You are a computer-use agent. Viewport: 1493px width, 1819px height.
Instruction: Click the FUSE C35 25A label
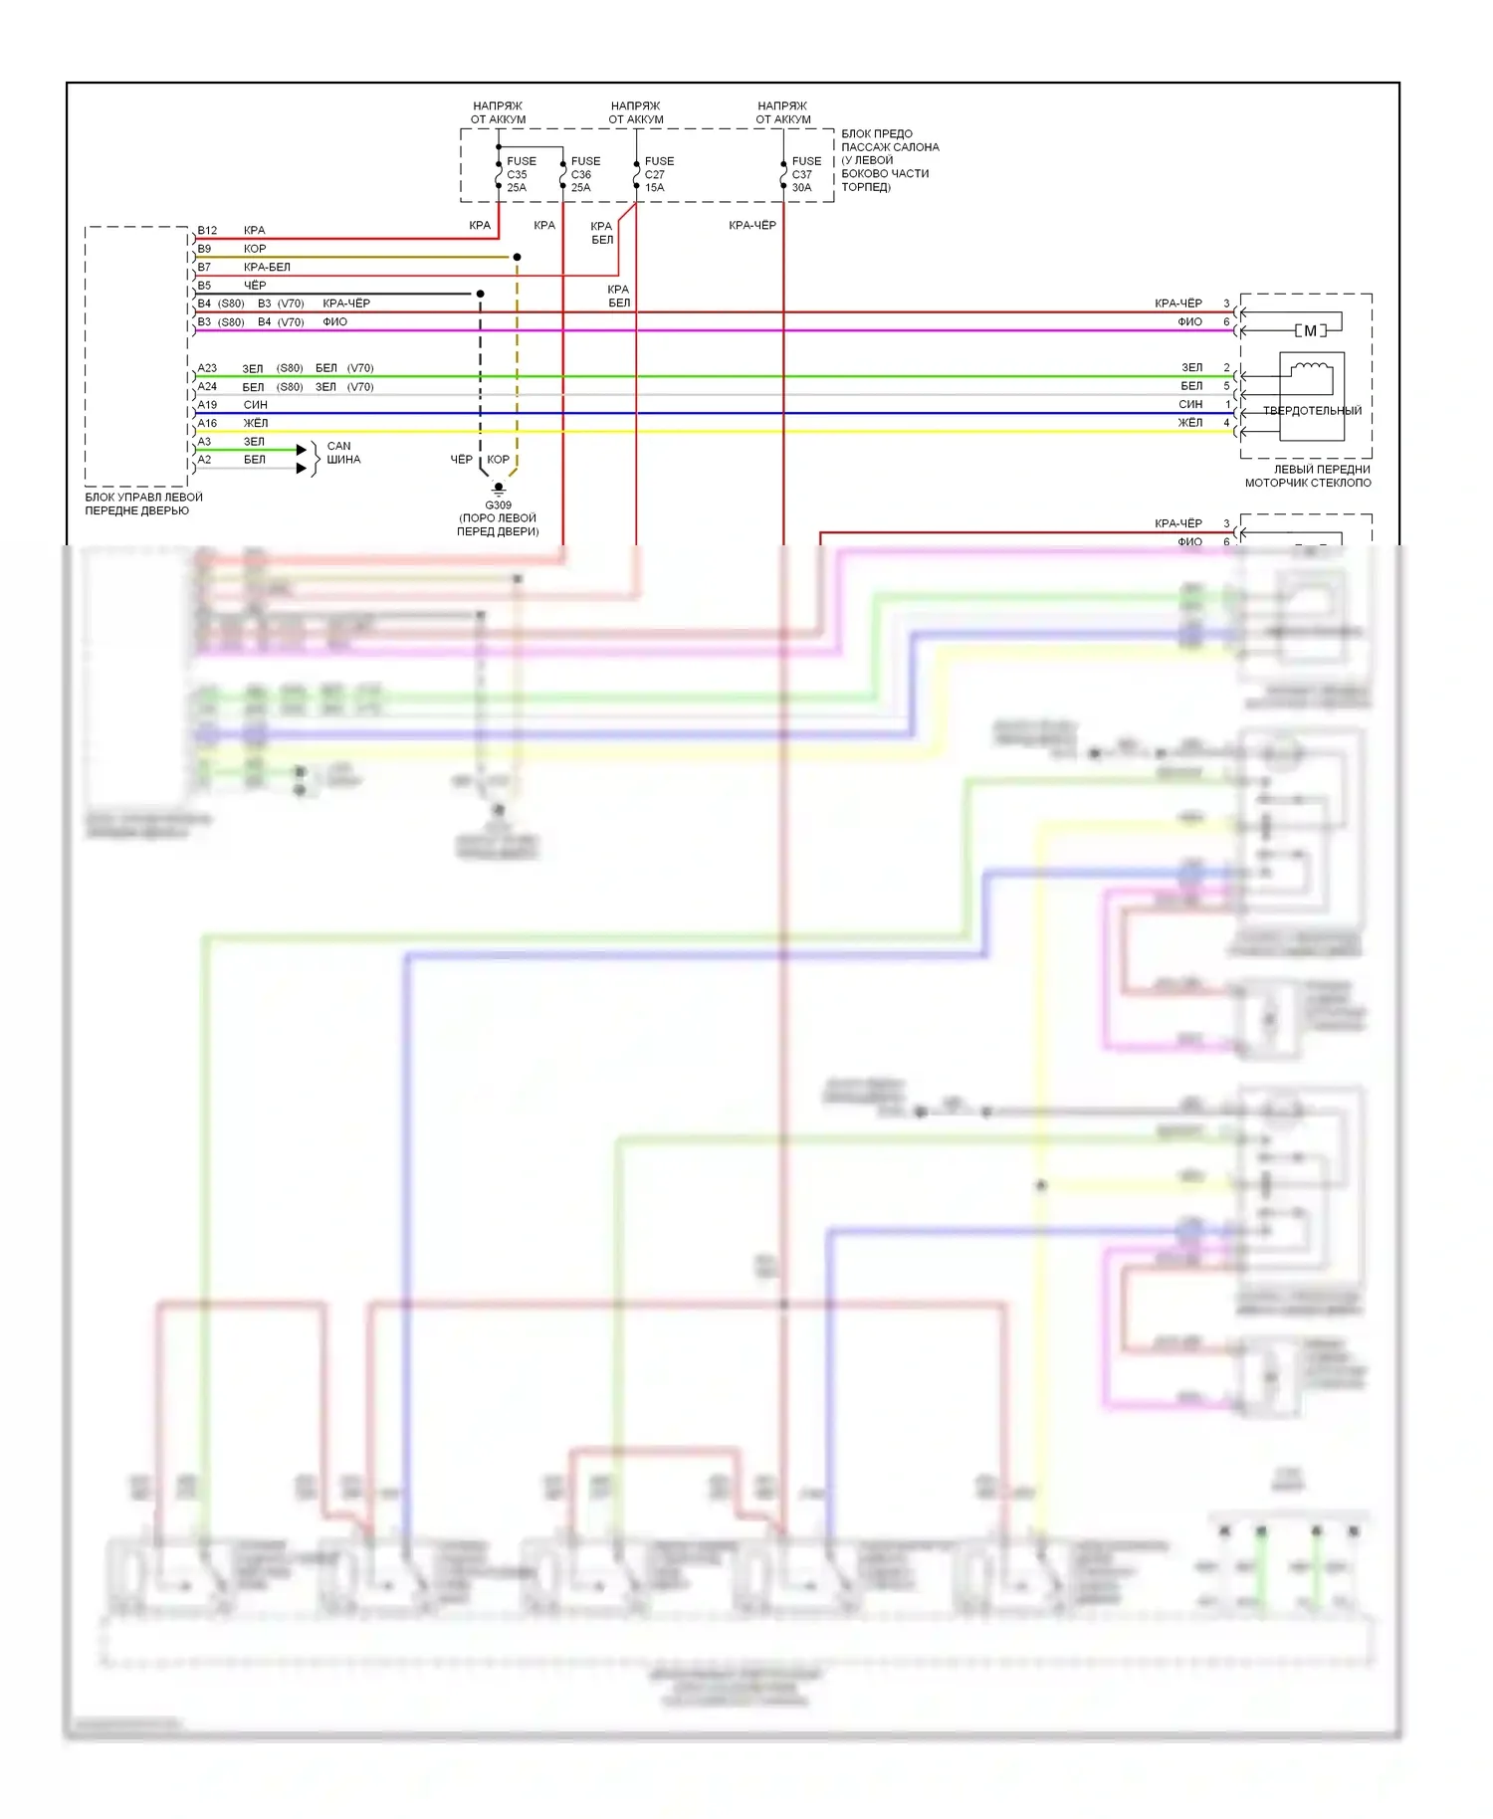click(x=521, y=174)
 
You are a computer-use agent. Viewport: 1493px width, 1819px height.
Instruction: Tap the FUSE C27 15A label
click(x=659, y=174)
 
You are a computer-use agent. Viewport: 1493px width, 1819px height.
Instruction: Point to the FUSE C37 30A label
click(x=806, y=174)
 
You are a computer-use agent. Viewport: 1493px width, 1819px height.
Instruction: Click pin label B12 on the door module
click(x=207, y=231)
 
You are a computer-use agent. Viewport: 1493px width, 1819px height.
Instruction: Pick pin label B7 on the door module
click(x=204, y=268)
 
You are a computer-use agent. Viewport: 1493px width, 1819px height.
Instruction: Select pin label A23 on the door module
click(x=207, y=368)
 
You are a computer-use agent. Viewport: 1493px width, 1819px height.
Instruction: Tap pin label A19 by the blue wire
click(x=207, y=405)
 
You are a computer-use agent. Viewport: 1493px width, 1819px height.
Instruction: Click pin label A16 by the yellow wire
click(x=207, y=423)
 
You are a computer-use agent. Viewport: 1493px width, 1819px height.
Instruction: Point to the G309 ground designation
click(x=498, y=505)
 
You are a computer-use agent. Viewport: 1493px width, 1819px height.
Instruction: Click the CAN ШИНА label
click(x=342, y=453)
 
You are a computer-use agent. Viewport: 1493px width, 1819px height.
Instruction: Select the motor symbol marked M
click(x=1310, y=331)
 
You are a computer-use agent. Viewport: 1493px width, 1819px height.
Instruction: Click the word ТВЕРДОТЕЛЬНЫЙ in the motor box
click(x=1312, y=411)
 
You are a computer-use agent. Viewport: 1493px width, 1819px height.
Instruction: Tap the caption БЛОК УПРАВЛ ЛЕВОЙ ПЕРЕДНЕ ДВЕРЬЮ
click(x=143, y=505)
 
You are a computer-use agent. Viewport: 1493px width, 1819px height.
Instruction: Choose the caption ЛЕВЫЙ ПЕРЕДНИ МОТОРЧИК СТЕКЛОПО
click(x=1308, y=477)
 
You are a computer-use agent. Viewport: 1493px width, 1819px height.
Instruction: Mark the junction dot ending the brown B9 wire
click(x=517, y=258)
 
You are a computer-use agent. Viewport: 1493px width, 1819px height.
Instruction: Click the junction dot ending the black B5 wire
click(x=480, y=295)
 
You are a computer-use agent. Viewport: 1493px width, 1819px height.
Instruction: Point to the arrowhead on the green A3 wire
click(x=302, y=450)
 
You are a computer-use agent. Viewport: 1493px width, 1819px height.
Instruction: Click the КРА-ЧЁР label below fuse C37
click(x=752, y=226)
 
